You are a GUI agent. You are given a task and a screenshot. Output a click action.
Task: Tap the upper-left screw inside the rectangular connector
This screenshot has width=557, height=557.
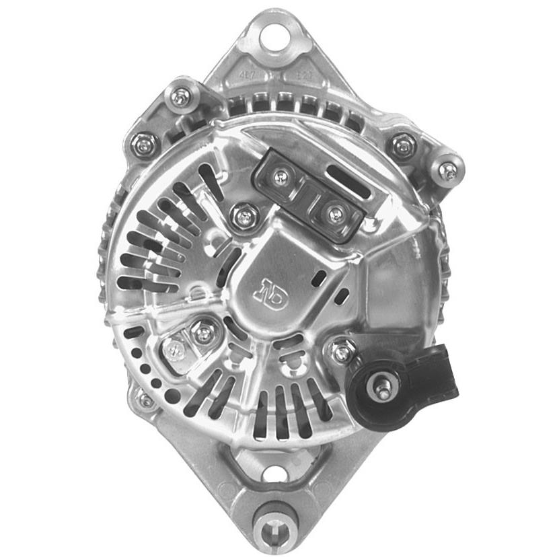click(281, 177)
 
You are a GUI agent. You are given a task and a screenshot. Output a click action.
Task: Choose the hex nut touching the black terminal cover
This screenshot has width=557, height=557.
click(344, 350)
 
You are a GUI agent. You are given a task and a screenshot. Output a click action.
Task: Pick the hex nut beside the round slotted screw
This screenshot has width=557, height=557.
click(202, 332)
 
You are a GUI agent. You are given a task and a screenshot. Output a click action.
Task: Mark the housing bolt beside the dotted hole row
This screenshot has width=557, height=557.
click(145, 400)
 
